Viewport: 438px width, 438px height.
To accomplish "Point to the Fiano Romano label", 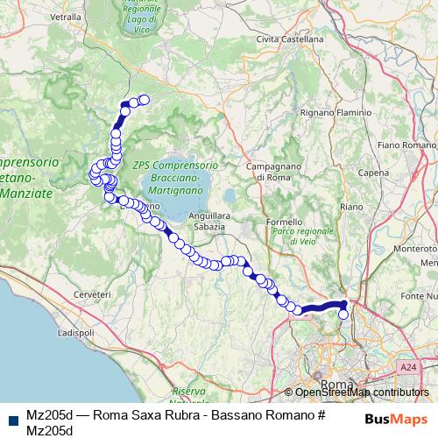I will coord(406,144).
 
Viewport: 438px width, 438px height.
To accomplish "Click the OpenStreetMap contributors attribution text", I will coord(360,392).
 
